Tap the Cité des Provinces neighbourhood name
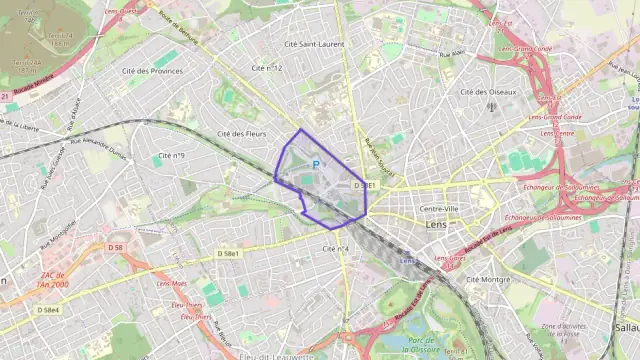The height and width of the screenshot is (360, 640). coord(152,71)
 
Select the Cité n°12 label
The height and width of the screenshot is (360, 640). coord(267,68)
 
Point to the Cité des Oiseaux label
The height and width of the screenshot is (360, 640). coord(488,91)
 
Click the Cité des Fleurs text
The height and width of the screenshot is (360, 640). coord(241,133)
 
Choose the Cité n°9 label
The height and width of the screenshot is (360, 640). coord(172,155)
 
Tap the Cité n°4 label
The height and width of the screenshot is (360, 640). coord(336,248)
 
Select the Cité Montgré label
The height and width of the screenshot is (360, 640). coord(488,279)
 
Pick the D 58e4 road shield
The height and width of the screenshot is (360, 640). coord(48,310)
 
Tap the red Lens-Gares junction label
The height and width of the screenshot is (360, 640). coord(453,258)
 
